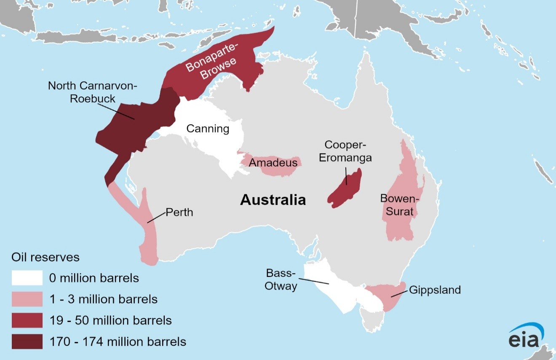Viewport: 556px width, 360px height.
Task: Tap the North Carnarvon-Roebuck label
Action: coord(93,92)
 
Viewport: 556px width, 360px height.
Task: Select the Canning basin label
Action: coord(208,129)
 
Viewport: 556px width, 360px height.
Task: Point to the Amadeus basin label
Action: coord(273,163)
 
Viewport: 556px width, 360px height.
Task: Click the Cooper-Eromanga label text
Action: coord(345,151)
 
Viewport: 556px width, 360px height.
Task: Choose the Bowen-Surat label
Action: coord(399,204)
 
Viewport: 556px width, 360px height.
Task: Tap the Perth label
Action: coord(179,212)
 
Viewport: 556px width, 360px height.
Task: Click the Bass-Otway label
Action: coord(281,280)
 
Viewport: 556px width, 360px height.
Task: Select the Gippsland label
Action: coord(435,290)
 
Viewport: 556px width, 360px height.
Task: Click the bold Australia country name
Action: coord(273,200)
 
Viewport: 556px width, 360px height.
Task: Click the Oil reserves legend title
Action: coord(45,257)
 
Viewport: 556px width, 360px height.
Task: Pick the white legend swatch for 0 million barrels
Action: coord(27,278)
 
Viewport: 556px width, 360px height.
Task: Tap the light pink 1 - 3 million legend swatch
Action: coord(27,299)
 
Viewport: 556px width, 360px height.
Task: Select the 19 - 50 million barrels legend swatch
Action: coord(27,320)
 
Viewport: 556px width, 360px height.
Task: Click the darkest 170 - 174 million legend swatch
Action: coord(27,341)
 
